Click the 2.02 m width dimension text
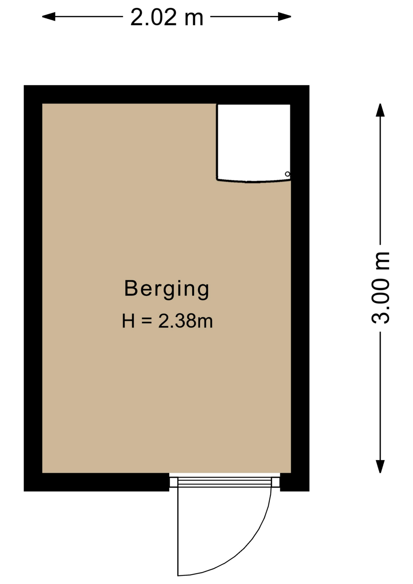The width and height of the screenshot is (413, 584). pyautogui.click(x=167, y=17)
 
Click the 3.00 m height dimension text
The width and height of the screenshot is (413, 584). pyautogui.click(x=380, y=288)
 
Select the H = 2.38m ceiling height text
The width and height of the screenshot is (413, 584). pyautogui.click(x=167, y=321)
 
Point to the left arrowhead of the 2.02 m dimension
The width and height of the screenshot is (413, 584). pyautogui.click(x=49, y=16)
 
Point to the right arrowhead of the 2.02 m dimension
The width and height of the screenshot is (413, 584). pyautogui.click(x=285, y=16)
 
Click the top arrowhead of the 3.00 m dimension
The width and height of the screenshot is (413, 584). pyautogui.click(x=380, y=110)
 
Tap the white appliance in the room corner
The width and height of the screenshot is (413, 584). pyautogui.click(x=254, y=143)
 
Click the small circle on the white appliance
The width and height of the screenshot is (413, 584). pyautogui.click(x=287, y=174)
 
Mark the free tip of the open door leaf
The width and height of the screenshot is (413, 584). pyautogui.click(x=178, y=575)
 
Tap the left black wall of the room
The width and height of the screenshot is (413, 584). pyautogui.click(x=33, y=288)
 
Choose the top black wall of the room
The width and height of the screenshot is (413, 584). pyautogui.click(x=167, y=94)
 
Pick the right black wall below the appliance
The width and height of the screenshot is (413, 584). pyautogui.click(x=300, y=327)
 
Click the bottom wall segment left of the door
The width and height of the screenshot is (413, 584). pyautogui.click(x=96, y=482)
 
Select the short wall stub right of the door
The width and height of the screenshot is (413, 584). pyautogui.click(x=295, y=482)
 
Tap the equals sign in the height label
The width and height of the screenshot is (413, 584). pyautogui.click(x=147, y=321)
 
